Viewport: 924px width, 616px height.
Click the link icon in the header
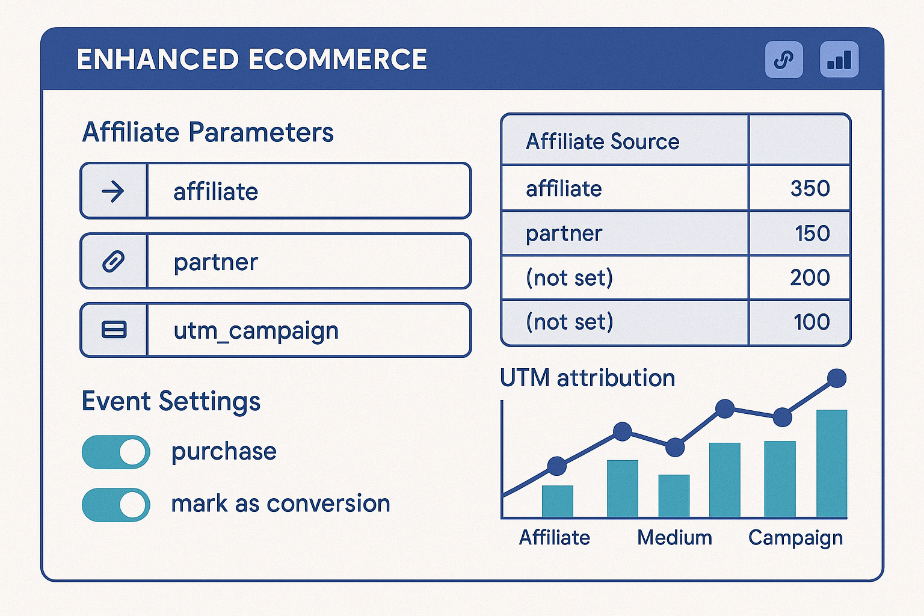(783, 60)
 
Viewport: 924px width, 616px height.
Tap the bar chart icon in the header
(839, 60)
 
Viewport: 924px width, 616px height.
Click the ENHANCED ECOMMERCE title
(251, 60)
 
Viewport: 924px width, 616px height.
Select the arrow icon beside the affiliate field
(113, 191)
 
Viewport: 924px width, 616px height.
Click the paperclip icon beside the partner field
(113, 262)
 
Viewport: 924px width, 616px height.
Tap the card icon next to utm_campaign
(114, 330)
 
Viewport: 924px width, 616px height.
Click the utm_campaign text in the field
(256, 331)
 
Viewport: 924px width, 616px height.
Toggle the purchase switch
(115, 452)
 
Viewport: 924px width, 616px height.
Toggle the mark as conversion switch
(115, 504)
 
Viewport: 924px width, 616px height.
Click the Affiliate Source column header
(602, 141)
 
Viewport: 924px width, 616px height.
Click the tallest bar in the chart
(831, 463)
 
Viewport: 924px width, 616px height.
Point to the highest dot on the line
(836, 378)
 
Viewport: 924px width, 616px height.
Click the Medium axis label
(674, 537)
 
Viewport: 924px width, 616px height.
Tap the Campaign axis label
(795, 538)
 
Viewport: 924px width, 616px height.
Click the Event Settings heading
(171, 401)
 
